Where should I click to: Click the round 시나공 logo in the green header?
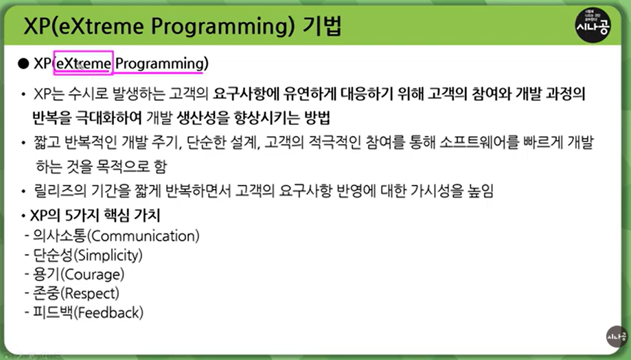pos(593,25)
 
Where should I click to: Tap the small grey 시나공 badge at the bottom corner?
pos(617,336)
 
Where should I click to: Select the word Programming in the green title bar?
pos(222,27)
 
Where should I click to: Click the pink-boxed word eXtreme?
pos(84,63)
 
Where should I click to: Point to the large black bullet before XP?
pos(24,63)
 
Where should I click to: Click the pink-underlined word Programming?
pos(160,64)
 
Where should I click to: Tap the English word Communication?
pos(145,236)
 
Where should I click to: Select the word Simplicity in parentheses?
pos(108,256)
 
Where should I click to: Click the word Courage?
pos(93,275)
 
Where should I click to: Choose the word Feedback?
pos(108,313)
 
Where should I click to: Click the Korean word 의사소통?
pos(60,236)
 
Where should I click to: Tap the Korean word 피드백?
pos(53,313)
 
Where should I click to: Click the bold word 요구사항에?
pos(246,94)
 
